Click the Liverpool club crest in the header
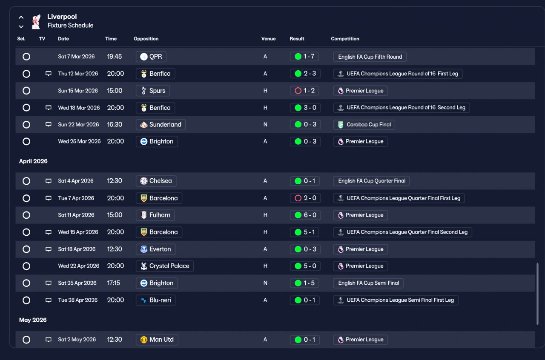pyautogui.click(x=36, y=22)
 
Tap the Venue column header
pyautogui.click(x=268, y=39)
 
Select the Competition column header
pyautogui.click(x=345, y=39)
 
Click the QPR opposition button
pyautogui.click(x=151, y=57)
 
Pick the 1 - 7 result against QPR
pyautogui.click(x=304, y=57)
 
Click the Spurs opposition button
pyautogui.click(x=153, y=91)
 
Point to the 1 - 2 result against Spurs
pyautogui.click(x=304, y=91)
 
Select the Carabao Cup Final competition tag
pyautogui.click(x=364, y=125)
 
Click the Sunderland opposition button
pyautogui.click(x=161, y=125)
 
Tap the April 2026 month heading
pyautogui.click(x=33, y=161)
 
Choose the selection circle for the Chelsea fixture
pyautogui.click(x=26, y=181)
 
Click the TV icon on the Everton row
pyautogui.click(x=49, y=249)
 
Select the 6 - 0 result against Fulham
pyautogui.click(x=305, y=215)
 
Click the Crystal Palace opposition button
pyautogui.click(x=165, y=266)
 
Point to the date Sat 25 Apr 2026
pyautogui.click(x=77, y=283)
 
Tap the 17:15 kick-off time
pyautogui.click(x=113, y=283)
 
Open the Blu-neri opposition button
pyautogui.click(x=155, y=300)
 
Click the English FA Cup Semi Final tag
pyautogui.click(x=368, y=283)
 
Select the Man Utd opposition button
pyautogui.click(x=157, y=340)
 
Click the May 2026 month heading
pyautogui.click(x=33, y=320)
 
